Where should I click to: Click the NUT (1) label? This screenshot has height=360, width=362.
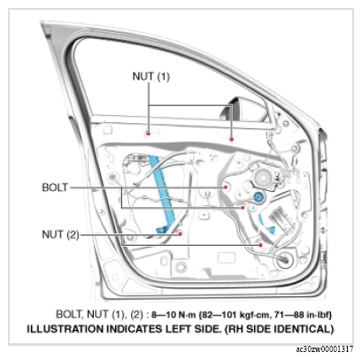coord(151,76)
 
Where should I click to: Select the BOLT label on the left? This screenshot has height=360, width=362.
coord(55,188)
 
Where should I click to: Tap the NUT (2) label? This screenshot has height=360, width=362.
coord(61,234)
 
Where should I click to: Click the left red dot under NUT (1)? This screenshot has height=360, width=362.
coord(149,134)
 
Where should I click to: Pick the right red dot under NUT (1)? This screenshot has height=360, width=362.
coord(232,139)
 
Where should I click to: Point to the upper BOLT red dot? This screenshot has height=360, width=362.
coord(226,187)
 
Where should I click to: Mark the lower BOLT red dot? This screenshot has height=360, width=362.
coord(243,208)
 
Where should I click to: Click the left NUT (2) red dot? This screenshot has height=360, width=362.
coord(180,234)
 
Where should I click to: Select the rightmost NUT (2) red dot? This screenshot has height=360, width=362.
coord(261,245)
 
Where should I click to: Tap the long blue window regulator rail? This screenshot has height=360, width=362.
coord(162,193)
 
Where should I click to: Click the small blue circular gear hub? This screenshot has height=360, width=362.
coord(258,197)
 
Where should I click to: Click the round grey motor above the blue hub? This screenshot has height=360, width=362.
coord(263,178)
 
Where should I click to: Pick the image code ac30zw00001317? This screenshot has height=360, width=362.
coord(325,349)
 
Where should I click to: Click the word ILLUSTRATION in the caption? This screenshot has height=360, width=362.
coord(65,329)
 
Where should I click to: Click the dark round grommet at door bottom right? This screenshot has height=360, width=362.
coord(284,260)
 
